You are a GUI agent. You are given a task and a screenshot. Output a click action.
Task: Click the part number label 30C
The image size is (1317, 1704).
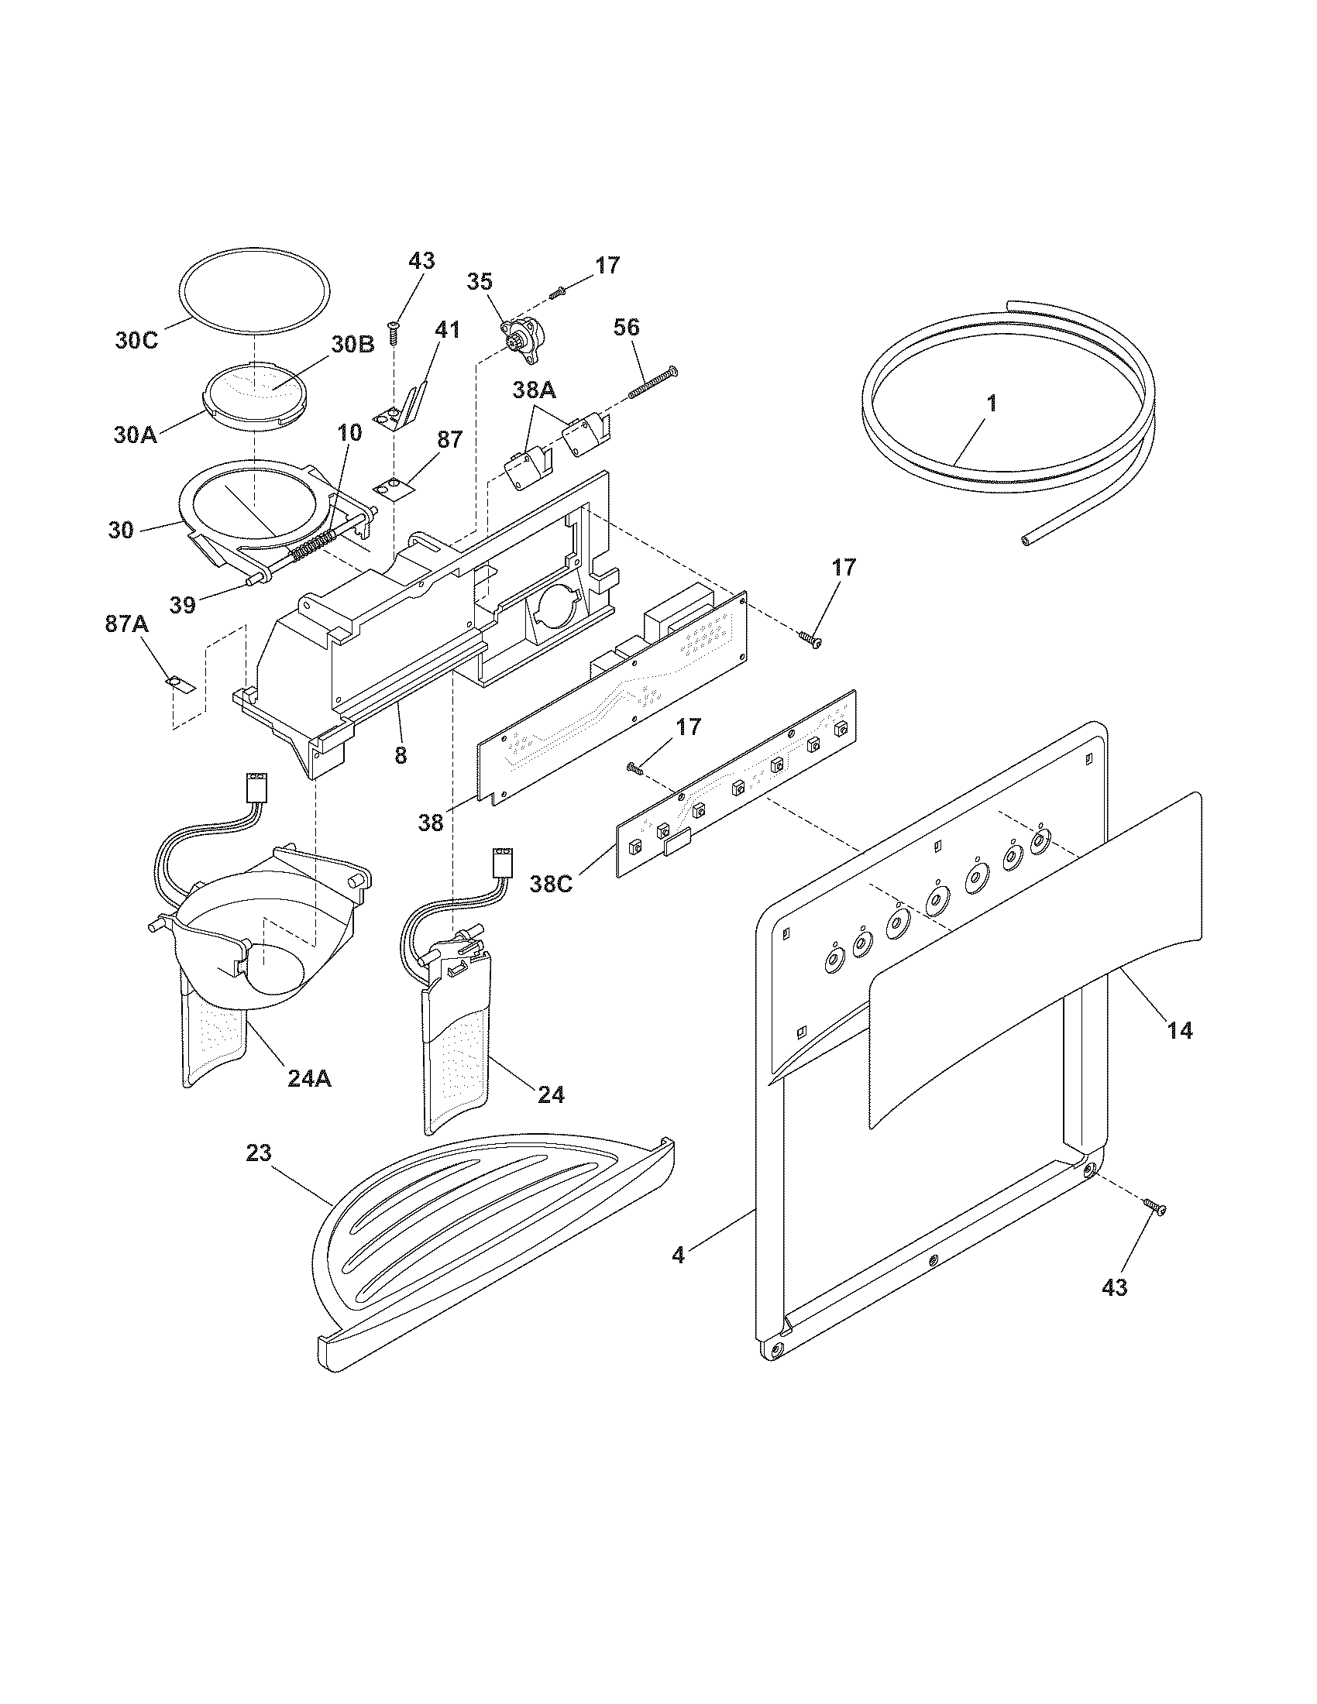pyautogui.click(x=136, y=341)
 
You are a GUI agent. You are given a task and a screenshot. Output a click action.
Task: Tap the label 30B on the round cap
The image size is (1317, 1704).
pyautogui.click(x=353, y=343)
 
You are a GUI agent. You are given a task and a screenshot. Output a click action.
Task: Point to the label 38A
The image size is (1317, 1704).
pyautogui.click(x=535, y=388)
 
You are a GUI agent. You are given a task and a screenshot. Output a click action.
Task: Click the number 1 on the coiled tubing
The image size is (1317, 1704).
pyautogui.click(x=992, y=404)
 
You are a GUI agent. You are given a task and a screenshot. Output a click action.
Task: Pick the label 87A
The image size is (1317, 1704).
pyautogui.click(x=127, y=624)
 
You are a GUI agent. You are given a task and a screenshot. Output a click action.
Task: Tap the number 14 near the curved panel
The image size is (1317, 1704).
pyautogui.click(x=1181, y=1031)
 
